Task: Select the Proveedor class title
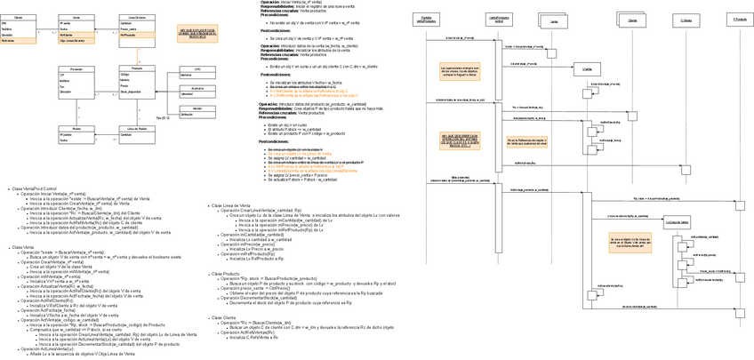pyautogui.click(x=76, y=68)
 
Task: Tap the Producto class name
pyautogui.click(x=136, y=68)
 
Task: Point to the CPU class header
pyautogui.click(x=197, y=68)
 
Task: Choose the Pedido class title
pyautogui.click(x=76, y=127)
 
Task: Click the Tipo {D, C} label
pyautogui.click(x=163, y=117)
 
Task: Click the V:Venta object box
pyautogui.click(x=587, y=68)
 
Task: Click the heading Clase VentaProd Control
pyautogui.click(x=35, y=189)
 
